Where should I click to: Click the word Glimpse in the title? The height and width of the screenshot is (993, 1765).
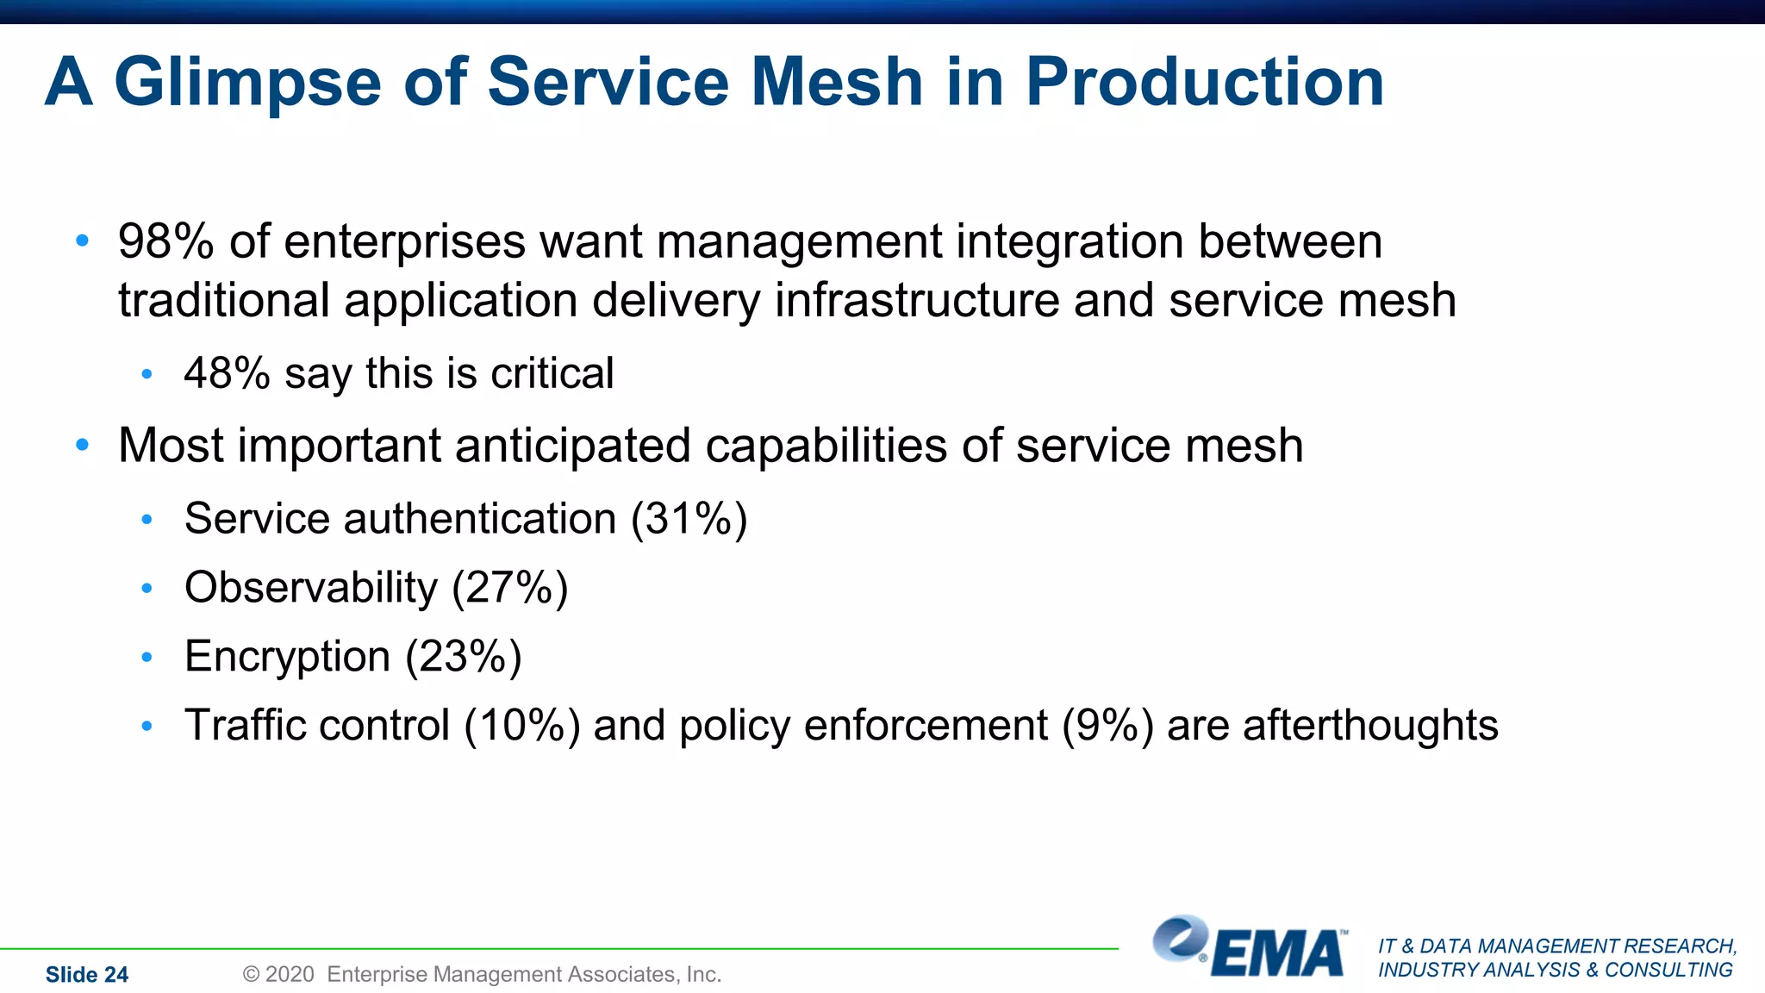click(247, 83)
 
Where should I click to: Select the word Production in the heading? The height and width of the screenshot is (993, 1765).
click(1204, 83)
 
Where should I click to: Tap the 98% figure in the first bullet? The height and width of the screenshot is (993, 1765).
click(165, 241)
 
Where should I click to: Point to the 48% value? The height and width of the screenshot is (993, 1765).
click(227, 374)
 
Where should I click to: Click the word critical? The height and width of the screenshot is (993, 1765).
click(552, 374)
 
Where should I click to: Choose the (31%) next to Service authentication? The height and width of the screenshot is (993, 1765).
click(689, 519)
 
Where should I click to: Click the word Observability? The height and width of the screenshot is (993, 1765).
click(311, 588)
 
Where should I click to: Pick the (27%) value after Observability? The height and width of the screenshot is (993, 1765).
click(510, 588)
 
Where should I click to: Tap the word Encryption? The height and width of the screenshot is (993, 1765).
click(287, 657)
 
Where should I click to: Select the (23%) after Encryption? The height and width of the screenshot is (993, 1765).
click(464, 657)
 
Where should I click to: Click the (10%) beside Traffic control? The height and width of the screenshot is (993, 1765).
click(521, 726)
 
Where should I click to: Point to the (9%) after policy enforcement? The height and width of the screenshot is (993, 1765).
click(1107, 726)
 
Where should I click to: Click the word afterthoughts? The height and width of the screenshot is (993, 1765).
click(1332, 726)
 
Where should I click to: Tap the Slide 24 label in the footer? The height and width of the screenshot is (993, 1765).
click(87, 975)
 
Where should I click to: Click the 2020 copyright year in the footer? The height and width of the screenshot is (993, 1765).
click(290, 975)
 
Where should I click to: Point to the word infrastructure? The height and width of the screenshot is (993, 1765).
click(917, 301)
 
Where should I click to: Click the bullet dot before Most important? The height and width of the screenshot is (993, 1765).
click(83, 446)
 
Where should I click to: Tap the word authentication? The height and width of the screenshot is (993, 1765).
click(480, 519)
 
